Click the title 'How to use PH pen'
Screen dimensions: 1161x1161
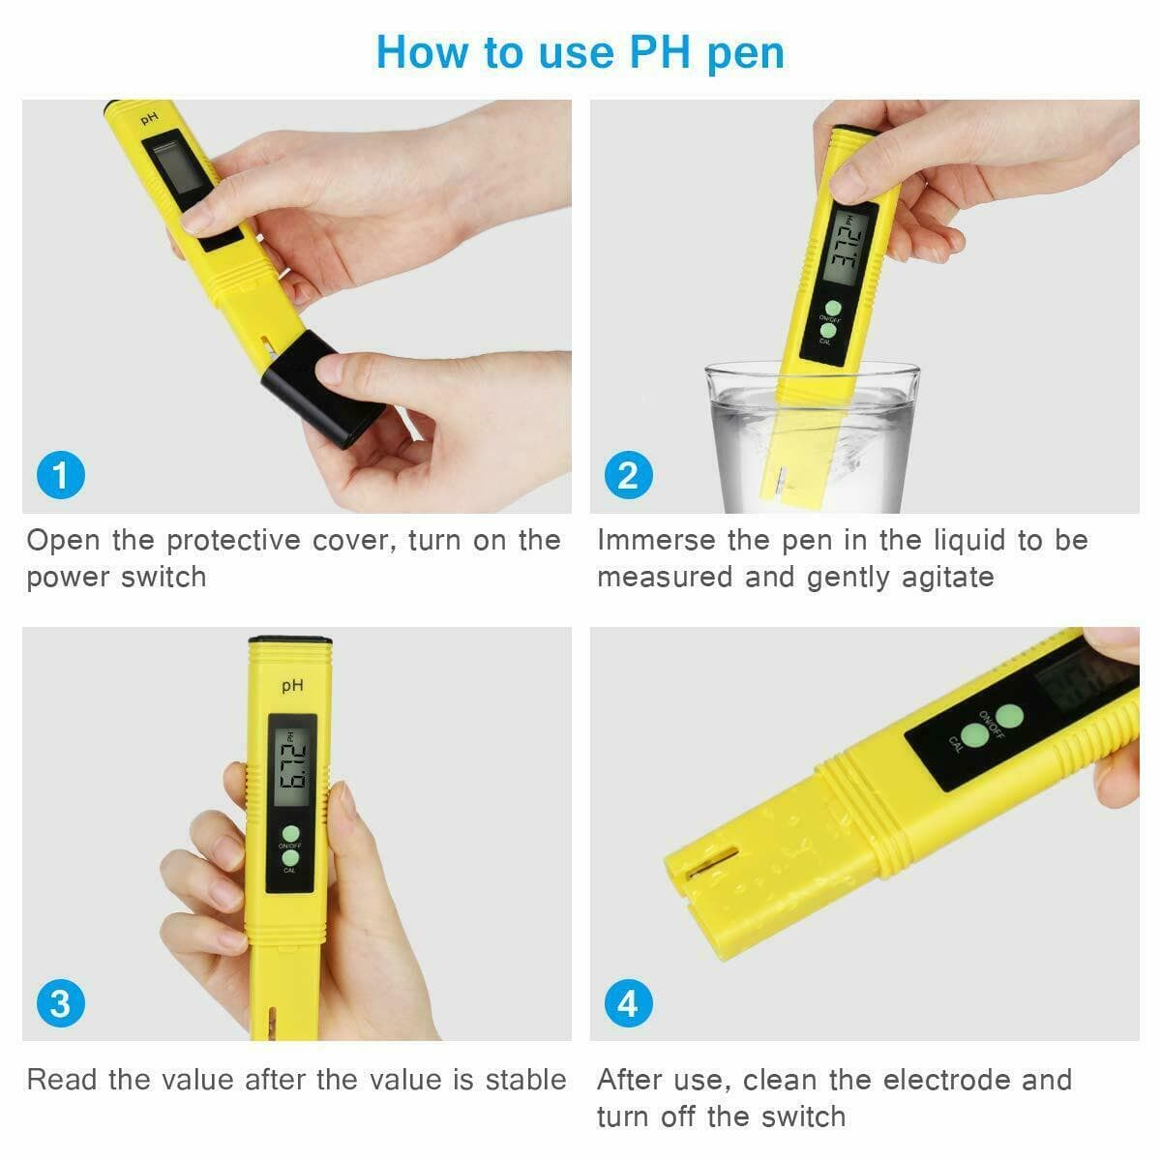click(580, 52)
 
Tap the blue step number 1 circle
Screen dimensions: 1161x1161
click(60, 476)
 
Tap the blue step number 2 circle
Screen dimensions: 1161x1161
click(628, 476)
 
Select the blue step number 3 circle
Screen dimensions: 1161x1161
click(60, 1003)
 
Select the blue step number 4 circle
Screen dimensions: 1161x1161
click(628, 1003)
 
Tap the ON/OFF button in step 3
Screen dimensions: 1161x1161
click(291, 833)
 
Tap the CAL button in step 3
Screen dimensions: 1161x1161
click(290, 857)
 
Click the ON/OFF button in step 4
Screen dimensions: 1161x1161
click(1010, 716)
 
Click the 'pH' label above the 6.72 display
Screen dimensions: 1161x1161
click(292, 685)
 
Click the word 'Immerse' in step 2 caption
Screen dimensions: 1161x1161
click(656, 540)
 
